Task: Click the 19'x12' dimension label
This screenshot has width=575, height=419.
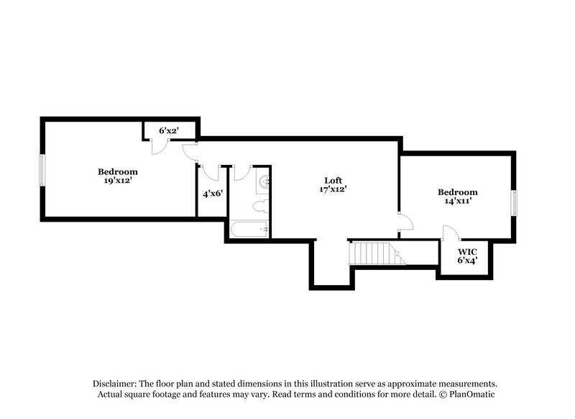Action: pos(118,181)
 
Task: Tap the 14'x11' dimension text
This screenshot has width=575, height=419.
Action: pos(458,202)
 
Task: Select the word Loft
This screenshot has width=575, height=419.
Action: pos(333,180)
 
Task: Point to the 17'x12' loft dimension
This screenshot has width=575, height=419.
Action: pos(333,189)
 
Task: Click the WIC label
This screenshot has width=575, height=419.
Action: pos(467,252)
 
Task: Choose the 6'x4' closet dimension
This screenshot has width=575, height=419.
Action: pos(467,261)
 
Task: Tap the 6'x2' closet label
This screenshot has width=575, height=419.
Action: pos(169,130)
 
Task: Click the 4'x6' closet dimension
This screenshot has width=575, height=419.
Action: pos(213,194)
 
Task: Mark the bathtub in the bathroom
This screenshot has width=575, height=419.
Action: pos(249,229)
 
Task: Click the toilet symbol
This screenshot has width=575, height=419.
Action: pos(261,206)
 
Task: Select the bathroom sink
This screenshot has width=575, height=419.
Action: pos(262,181)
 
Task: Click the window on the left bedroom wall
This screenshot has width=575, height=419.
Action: pos(42,170)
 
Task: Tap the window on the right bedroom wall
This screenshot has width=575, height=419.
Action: pos(514,203)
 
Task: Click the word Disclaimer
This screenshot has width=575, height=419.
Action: pos(115,384)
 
